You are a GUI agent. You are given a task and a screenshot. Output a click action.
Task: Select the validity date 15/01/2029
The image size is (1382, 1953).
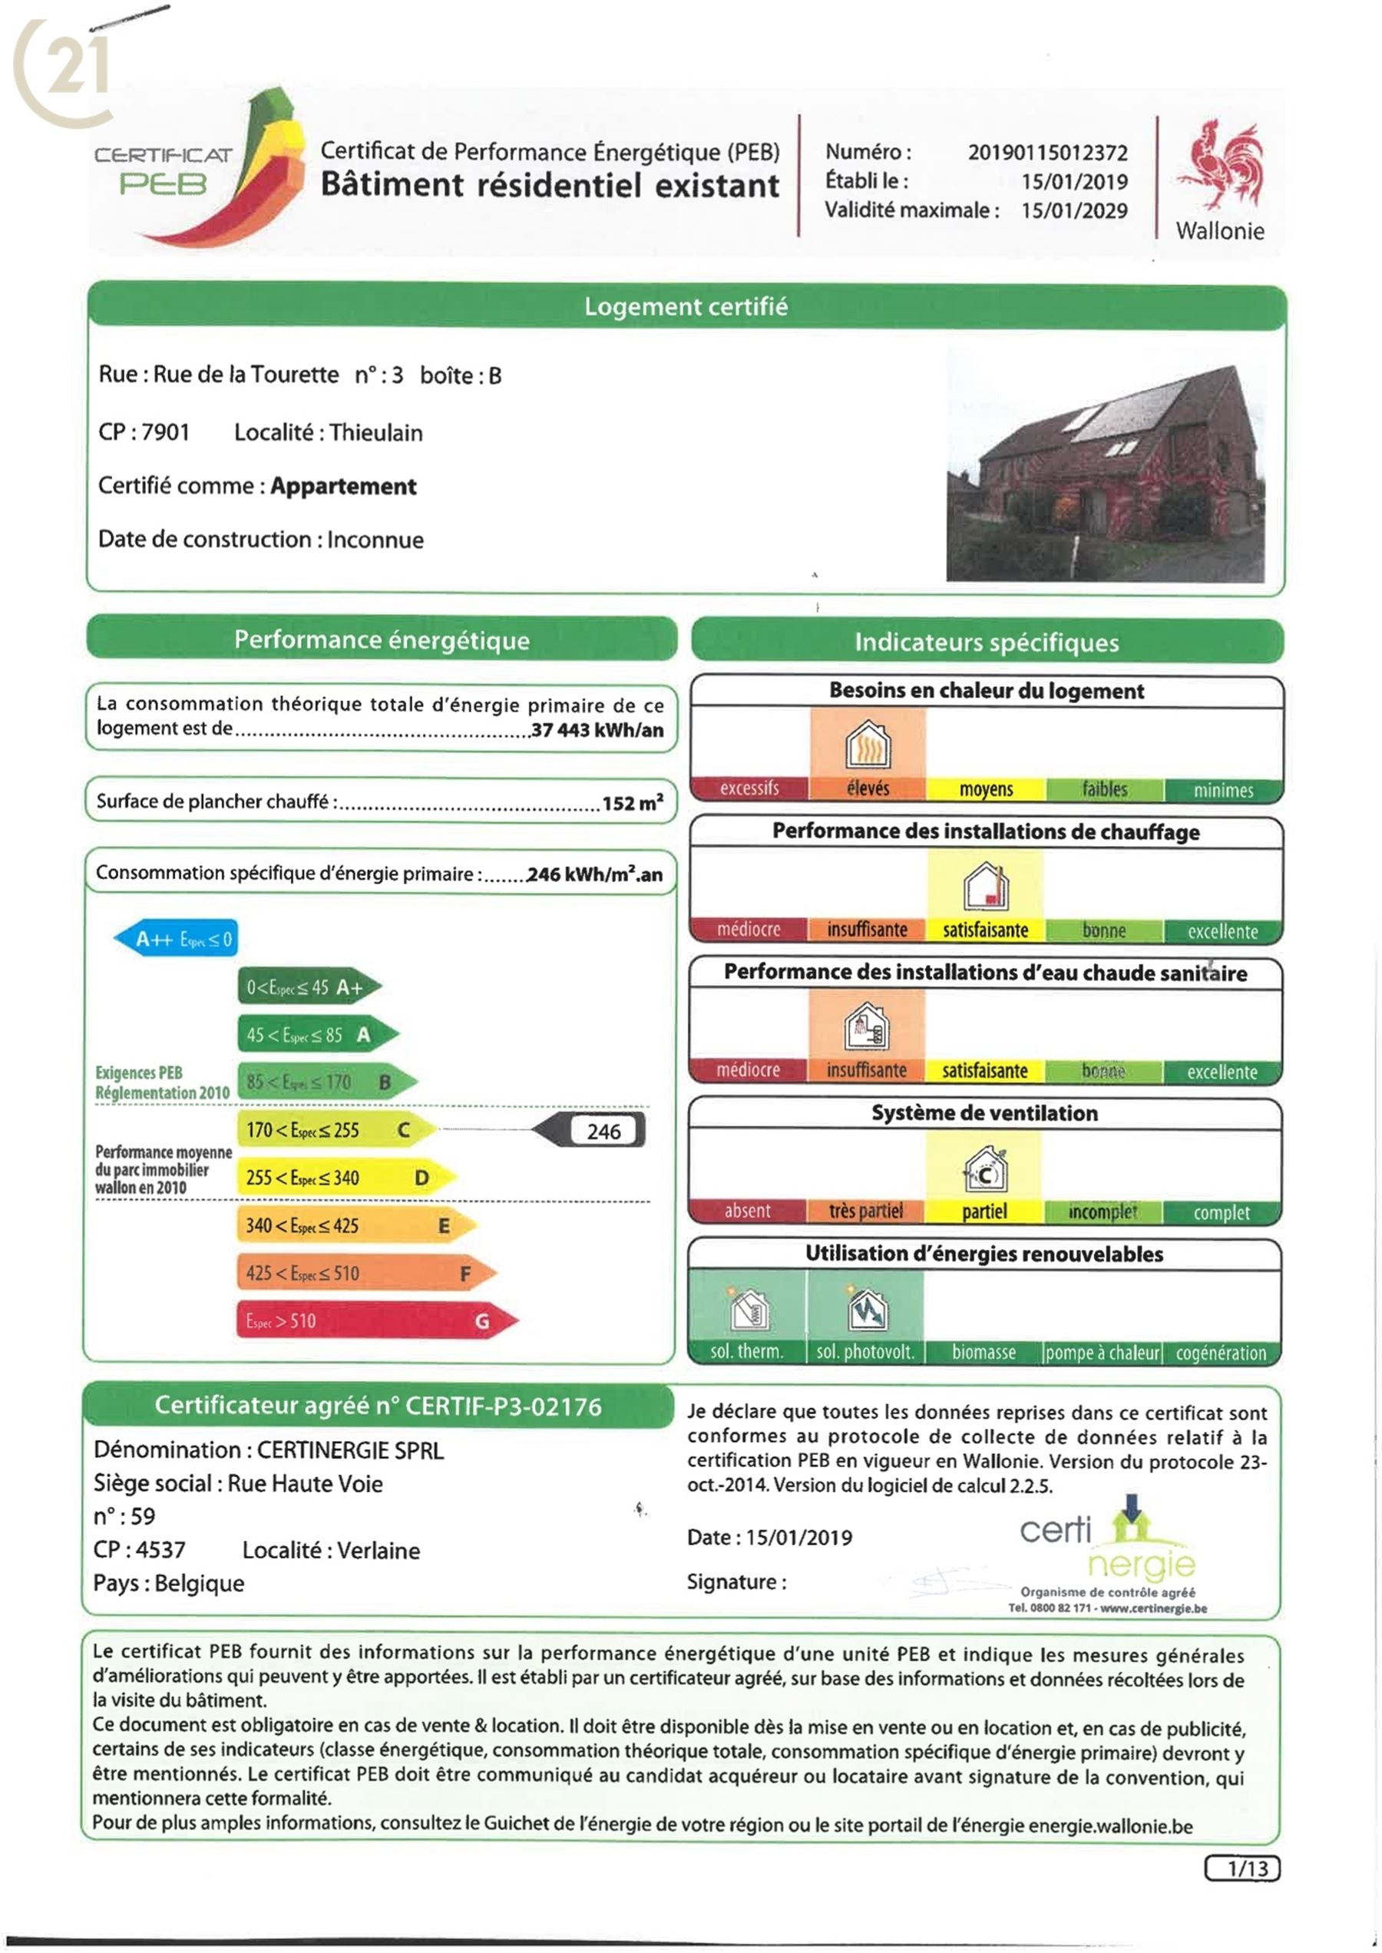(1074, 210)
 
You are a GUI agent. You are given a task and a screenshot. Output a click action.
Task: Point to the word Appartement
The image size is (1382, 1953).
(343, 486)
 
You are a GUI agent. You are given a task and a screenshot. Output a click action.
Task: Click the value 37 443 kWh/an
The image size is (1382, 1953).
(597, 729)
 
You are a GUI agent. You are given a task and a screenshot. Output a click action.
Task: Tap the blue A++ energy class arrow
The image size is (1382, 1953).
(176, 939)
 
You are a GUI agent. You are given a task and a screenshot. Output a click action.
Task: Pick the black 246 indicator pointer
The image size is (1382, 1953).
(590, 1131)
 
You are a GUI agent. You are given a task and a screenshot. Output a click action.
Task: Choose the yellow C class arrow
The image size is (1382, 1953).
(336, 1130)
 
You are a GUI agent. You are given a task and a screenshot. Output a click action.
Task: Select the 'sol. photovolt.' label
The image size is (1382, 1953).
(865, 1352)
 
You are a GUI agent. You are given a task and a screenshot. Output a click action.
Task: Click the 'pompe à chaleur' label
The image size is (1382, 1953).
(1102, 1352)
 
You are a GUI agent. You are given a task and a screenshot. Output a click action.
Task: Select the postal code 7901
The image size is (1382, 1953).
(165, 432)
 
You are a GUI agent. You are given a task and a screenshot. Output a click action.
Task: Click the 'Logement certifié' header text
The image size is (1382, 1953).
(686, 306)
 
